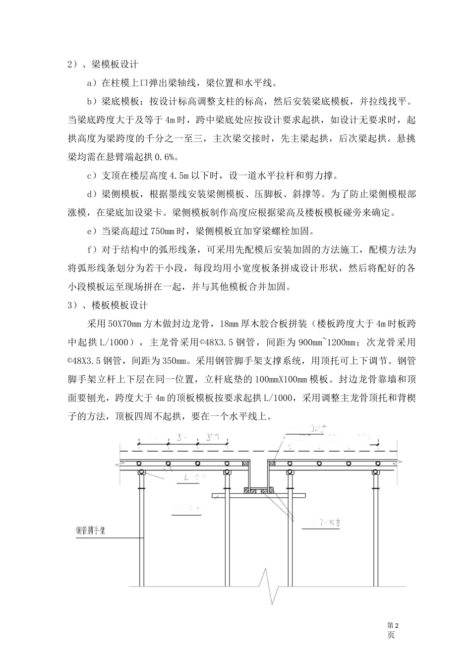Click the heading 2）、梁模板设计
click(103, 65)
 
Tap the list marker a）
click(92, 82)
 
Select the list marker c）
click(92, 175)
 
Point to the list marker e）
click(92, 231)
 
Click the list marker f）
click(92, 249)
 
